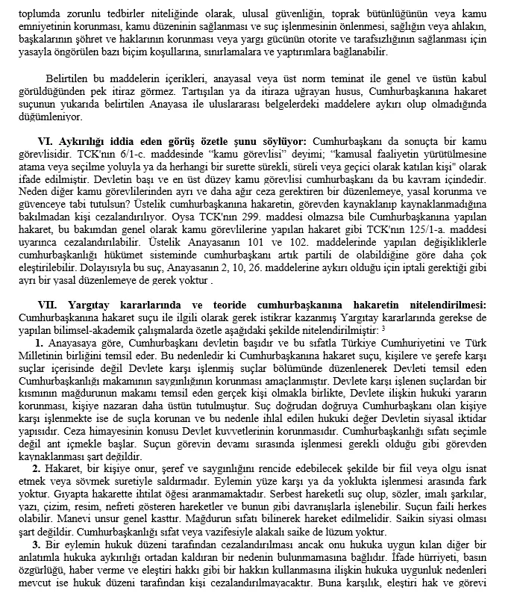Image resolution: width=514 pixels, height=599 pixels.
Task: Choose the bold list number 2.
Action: point(39,468)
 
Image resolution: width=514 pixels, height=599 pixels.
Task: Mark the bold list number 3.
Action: point(39,544)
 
